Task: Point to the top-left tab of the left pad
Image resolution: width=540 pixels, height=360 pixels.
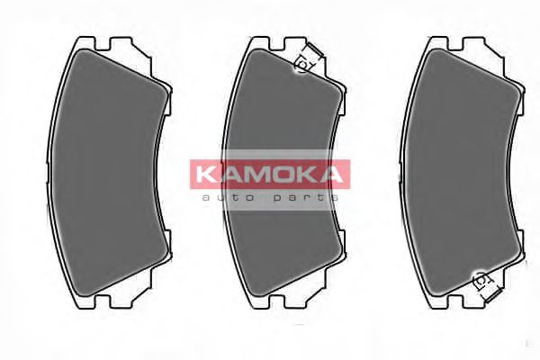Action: [82, 42]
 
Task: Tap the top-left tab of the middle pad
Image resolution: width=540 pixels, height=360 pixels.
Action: [260, 42]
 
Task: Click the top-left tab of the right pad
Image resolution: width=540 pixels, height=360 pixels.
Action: [438, 42]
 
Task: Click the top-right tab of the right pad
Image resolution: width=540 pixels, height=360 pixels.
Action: [478, 43]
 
